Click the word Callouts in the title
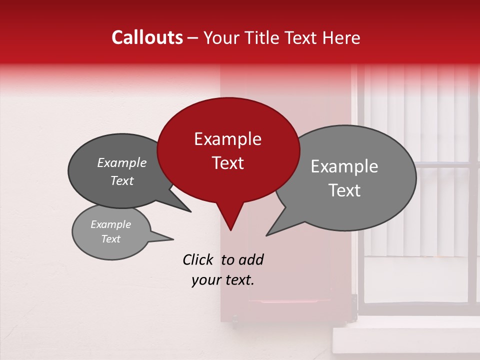tap(147, 37)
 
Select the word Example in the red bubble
tap(227, 139)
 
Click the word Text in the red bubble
tap(227, 163)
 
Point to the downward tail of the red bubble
tap(230, 220)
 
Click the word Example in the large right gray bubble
tap(344, 166)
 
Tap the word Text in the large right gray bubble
tap(345, 190)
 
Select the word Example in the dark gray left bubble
tap(122, 163)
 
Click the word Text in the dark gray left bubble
tap(122, 181)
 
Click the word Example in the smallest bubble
tap(111, 224)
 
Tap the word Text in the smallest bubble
tap(111, 239)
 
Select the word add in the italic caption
tap(250, 259)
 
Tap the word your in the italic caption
tap(205, 280)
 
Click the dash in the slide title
tap(193, 37)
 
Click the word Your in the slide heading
tap(221, 37)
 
